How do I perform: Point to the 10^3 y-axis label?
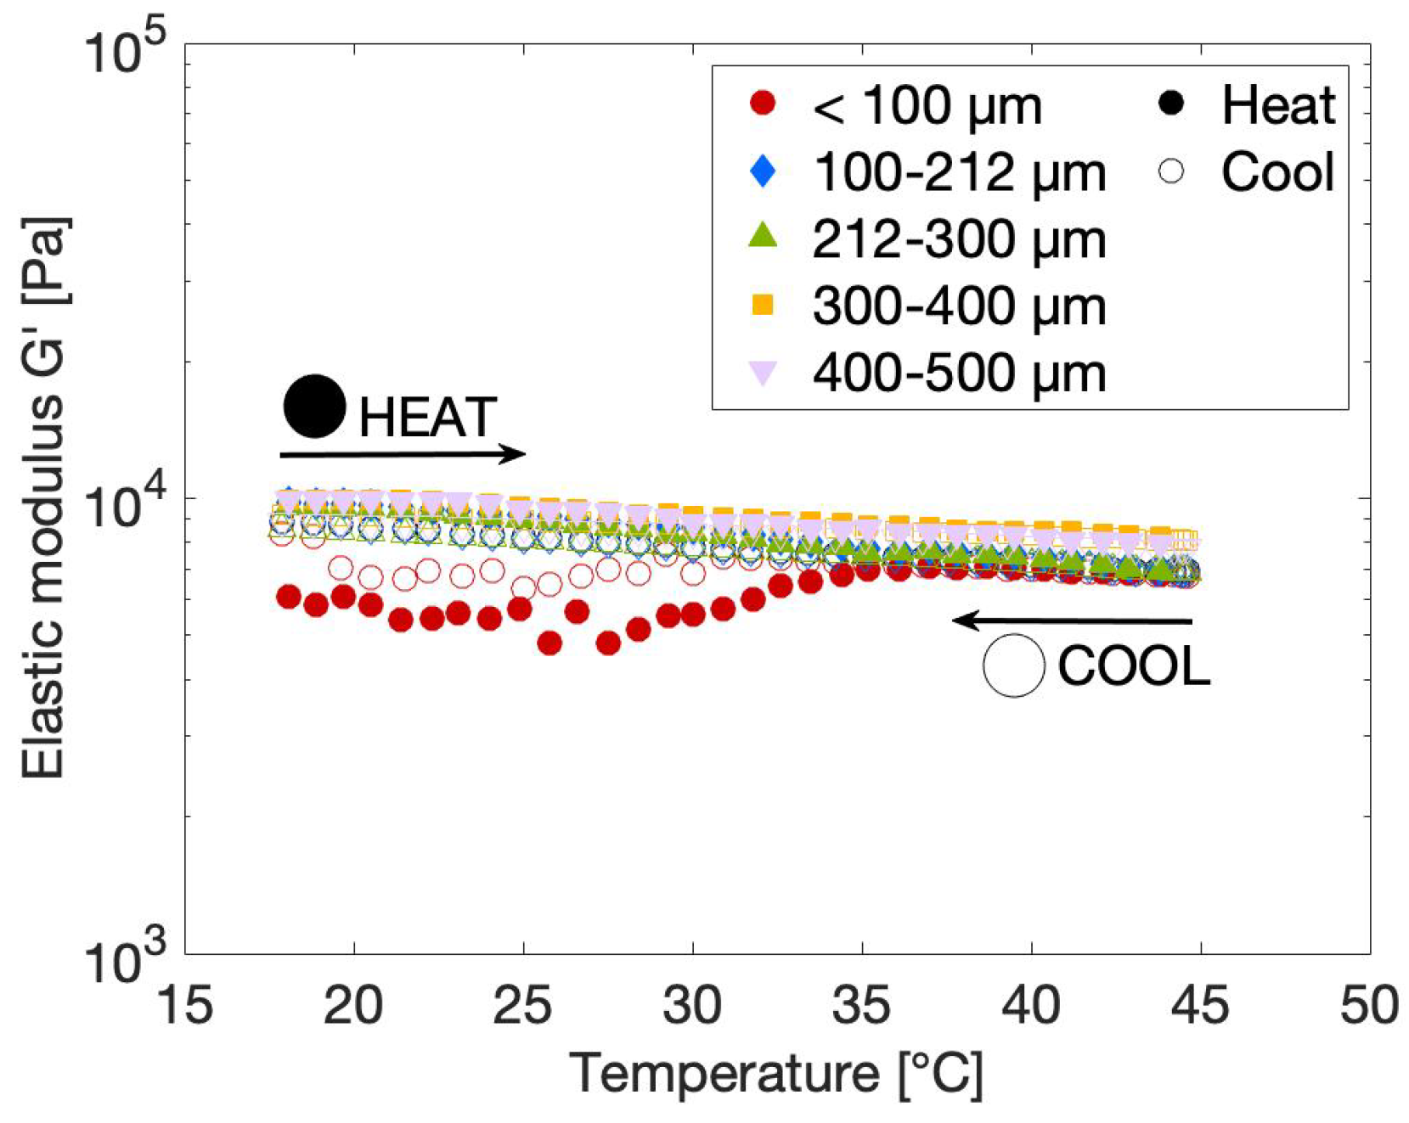click(x=126, y=962)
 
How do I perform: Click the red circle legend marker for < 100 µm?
click(x=763, y=104)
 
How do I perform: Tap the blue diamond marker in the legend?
click(x=763, y=171)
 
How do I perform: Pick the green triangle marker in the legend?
click(x=763, y=235)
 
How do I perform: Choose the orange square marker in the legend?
click(x=763, y=304)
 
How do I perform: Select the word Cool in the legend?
click(x=1277, y=171)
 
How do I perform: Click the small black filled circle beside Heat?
click(x=1171, y=104)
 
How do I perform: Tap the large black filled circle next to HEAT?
click(x=314, y=406)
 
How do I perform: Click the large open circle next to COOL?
click(x=1013, y=665)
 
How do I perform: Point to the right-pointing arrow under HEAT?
click(x=403, y=454)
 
